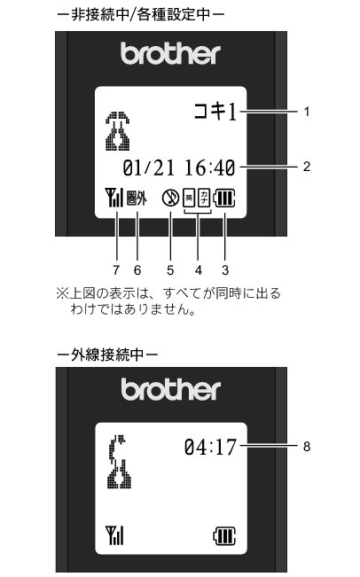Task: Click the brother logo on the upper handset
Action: [x=170, y=54]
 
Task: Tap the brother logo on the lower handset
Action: [x=171, y=390]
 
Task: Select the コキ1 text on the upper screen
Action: [x=215, y=112]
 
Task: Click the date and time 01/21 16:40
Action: [x=179, y=168]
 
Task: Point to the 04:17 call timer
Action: [x=210, y=447]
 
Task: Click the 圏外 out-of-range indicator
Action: [x=137, y=199]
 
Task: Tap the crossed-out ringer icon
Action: [x=170, y=198]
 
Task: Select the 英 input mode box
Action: [x=189, y=198]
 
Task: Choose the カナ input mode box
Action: [x=204, y=198]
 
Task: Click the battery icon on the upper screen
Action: [x=225, y=198]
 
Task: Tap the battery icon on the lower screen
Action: [x=224, y=535]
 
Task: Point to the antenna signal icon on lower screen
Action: [x=114, y=535]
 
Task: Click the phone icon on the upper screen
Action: [x=118, y=131]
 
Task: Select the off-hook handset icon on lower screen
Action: [x=119, y=462]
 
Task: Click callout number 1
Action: [x=307, y=112]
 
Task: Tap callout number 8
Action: [x=307, y=447]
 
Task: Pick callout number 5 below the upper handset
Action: [x=170, y=270]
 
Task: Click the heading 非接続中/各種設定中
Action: [x=141, y=15]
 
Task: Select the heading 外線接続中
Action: [x=107, y=355]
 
